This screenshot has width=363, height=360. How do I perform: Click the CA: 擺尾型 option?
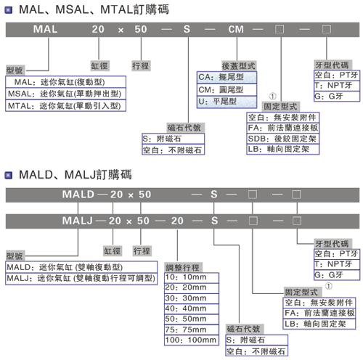[227, 78]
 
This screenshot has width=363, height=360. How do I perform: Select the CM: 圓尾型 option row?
[227, 90]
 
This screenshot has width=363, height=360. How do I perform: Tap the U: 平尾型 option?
[227, 102]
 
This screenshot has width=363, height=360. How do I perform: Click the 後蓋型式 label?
[239, 66]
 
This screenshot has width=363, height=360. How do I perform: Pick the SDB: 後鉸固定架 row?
[283, 139]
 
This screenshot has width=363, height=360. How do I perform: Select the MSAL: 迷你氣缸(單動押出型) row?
[65, 94]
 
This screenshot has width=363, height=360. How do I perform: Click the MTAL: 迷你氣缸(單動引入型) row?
[65, 106]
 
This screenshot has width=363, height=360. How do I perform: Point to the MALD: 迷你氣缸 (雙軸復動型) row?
[81, 267]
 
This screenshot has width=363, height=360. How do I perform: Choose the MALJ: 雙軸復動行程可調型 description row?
[81, 279]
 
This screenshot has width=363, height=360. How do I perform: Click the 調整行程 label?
[183, 268]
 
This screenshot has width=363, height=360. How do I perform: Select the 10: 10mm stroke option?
[192, 277]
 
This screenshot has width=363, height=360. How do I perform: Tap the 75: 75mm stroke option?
[192, 330]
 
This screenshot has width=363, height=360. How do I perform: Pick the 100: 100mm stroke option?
[192, 340]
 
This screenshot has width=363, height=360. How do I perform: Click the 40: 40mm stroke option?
[192, 308]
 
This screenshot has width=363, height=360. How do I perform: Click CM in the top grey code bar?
[236, 30]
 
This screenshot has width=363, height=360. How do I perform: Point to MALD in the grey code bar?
[78, 195]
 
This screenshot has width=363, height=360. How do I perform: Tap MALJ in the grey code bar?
[78, 221]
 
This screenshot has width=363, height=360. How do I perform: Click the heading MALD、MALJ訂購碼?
[76, 175]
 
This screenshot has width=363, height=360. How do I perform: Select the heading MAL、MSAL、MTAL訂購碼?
[94, 9]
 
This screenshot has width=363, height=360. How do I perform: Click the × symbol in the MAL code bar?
[121, 30]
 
